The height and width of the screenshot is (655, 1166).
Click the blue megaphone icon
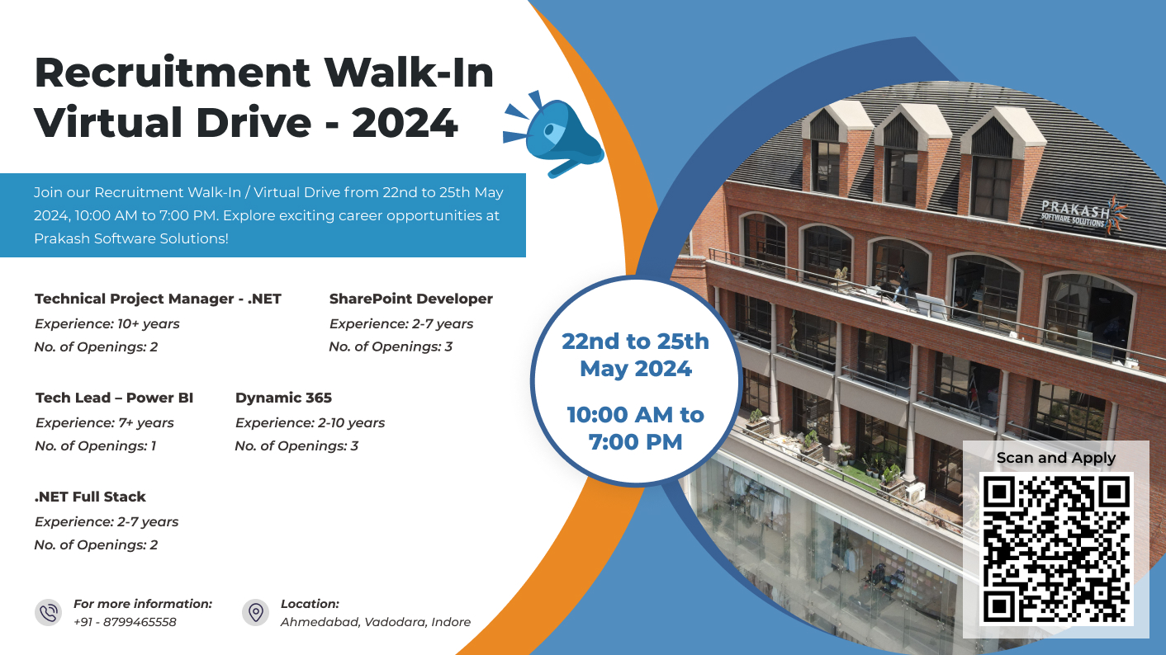tap(554, 135)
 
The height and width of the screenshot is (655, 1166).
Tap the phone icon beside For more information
tap(49, 612)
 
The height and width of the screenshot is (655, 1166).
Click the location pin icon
tap(256, 612)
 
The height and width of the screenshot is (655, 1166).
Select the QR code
tap(1056, 549)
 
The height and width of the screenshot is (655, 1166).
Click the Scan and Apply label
tap(1056, 458)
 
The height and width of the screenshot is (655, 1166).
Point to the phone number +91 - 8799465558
tap(125, 622)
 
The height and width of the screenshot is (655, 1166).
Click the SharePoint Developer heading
tap(411, 299)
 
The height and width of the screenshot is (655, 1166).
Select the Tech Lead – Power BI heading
tap(114, 398)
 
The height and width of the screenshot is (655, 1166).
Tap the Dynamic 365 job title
tap(284, 398)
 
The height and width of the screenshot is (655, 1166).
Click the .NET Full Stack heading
tap(90, 497)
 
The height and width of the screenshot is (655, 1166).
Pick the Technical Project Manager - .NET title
tap(158, 299)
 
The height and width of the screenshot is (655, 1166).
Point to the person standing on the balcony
tap(902, 283)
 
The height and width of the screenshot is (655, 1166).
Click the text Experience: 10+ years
tap(107, 324)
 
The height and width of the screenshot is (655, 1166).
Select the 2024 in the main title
tap(405, 123)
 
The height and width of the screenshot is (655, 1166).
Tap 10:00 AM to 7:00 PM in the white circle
tap(636, 428)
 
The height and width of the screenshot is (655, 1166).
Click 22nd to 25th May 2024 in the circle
tap(636, 355)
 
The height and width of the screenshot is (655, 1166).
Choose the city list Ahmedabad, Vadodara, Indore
tap(375, 622)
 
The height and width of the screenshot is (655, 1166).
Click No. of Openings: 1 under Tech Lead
tap(95, 446)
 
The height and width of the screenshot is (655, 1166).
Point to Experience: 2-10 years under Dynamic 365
tap(310, 422)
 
